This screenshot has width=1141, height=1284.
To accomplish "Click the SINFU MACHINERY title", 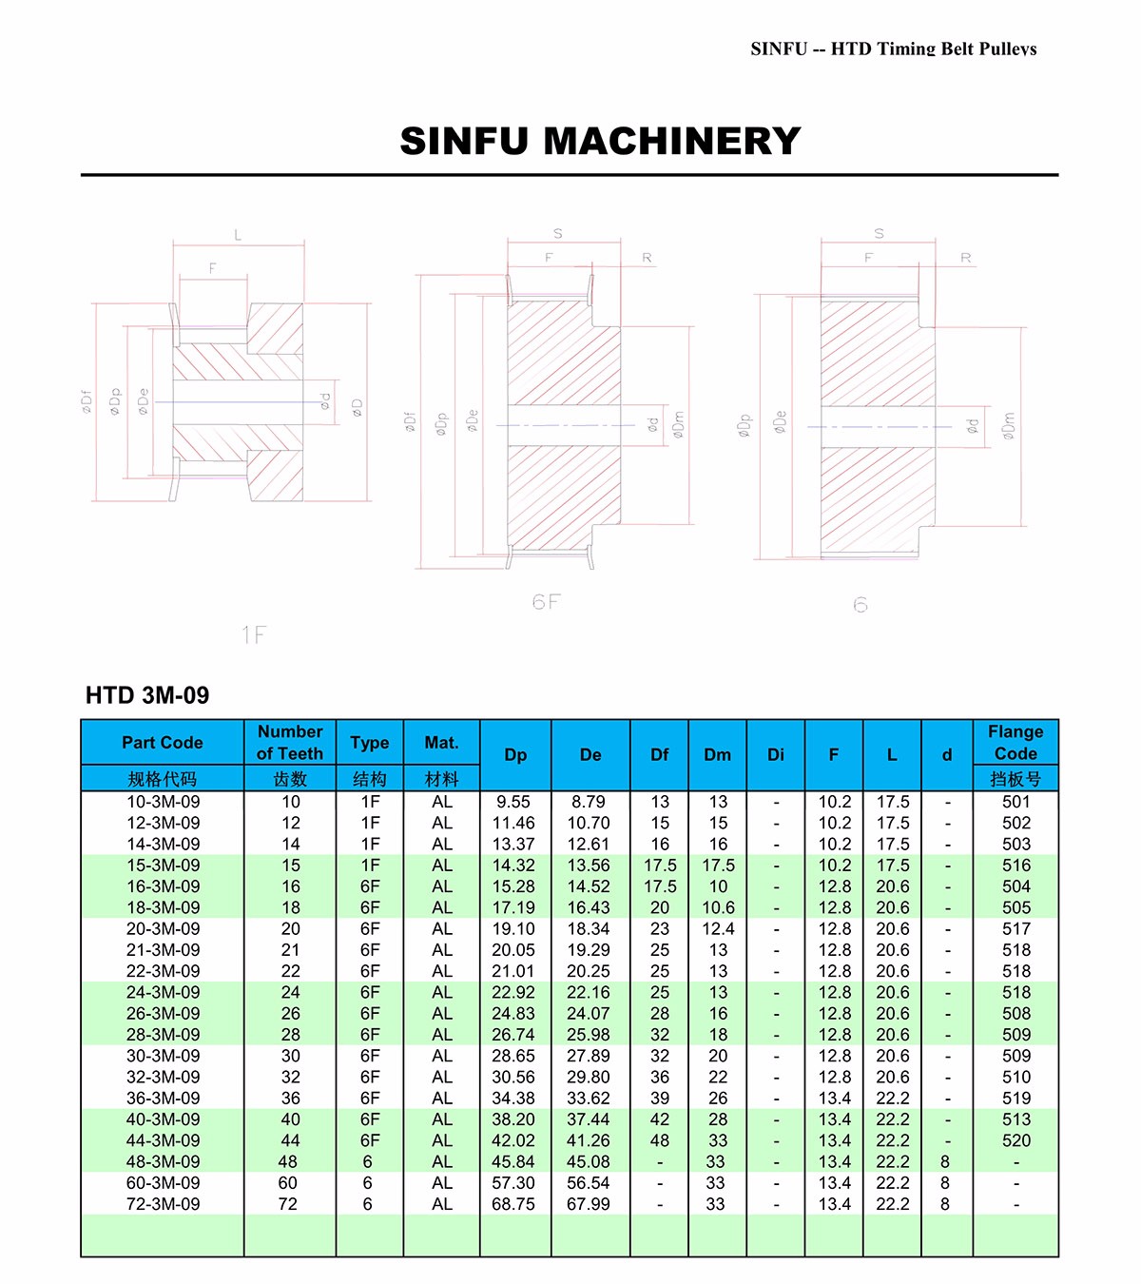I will pos(600,142).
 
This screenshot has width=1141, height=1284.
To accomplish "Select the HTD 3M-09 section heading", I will pos(147,695).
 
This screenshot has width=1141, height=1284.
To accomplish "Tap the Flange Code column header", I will pos(1015,743).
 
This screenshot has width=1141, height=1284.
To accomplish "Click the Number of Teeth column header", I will pos(290,743).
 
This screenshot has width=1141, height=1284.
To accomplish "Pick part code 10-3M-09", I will pos(163,802).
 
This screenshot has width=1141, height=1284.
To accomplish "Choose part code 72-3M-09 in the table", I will pos(163,1204).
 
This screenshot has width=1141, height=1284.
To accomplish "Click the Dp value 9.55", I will pos(513,802).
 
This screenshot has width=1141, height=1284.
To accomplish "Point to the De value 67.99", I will pos(589,1204).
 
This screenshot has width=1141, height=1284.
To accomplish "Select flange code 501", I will pos(1015,802).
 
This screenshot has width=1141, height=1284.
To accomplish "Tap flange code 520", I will pos(1015,1140).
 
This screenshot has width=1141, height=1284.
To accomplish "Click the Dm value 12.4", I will pos(718,929).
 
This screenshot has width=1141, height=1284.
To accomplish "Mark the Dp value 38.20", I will pos(513,1119).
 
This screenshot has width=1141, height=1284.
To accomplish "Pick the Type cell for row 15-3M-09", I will pos(370,866).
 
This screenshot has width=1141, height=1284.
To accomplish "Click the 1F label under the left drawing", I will pos(253,634).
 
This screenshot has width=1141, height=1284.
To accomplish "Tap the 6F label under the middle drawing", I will pos(547,602).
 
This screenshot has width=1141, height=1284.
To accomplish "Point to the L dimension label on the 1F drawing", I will pos(238,235).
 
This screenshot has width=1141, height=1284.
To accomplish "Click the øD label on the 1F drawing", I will pos(358,407).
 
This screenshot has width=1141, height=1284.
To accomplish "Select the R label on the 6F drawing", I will pos(647,258).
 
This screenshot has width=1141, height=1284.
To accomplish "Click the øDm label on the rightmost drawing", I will pos(1009,424).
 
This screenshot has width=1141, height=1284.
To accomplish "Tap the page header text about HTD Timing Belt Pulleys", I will pos(893,49).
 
